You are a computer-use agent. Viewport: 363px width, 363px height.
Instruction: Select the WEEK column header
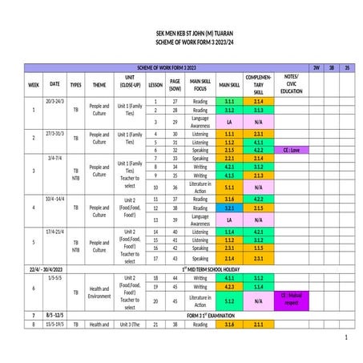point(34,83)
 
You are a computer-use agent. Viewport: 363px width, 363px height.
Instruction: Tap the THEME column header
point(99,83)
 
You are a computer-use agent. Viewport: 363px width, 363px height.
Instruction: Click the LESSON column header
point(155,83)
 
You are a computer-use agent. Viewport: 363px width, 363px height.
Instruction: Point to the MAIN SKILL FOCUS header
point(200,83)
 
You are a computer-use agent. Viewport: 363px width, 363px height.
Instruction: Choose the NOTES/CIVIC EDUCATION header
point(292,83)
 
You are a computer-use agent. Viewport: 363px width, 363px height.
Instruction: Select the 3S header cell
point(346,67)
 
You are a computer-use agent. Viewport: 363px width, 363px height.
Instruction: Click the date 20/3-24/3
point(54,102)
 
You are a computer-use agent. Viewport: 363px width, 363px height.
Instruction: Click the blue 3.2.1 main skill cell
point(229,208)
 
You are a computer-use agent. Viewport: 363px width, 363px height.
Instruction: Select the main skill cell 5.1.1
point(229,187)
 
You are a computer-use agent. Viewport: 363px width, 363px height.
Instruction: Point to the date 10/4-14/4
point(54,197)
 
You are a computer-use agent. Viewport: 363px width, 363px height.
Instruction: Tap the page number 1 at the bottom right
point(345,339)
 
